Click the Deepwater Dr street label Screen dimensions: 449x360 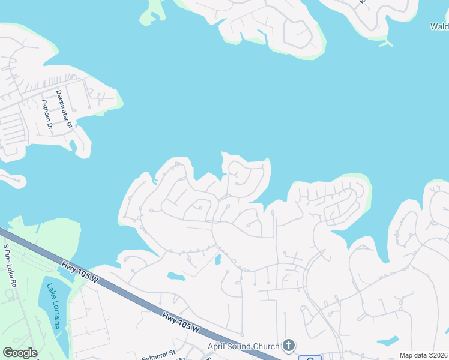click(x=64, y=109)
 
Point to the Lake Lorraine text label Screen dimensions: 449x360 click(x=53, y=306)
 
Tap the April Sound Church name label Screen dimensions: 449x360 click(x=243, y=346)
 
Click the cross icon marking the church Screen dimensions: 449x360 click(x=289, y=345)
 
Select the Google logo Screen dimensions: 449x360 click(x=20, y=353)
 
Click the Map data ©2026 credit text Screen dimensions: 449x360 click(x=423, y=355)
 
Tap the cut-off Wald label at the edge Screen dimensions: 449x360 click(x=439, y=26)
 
